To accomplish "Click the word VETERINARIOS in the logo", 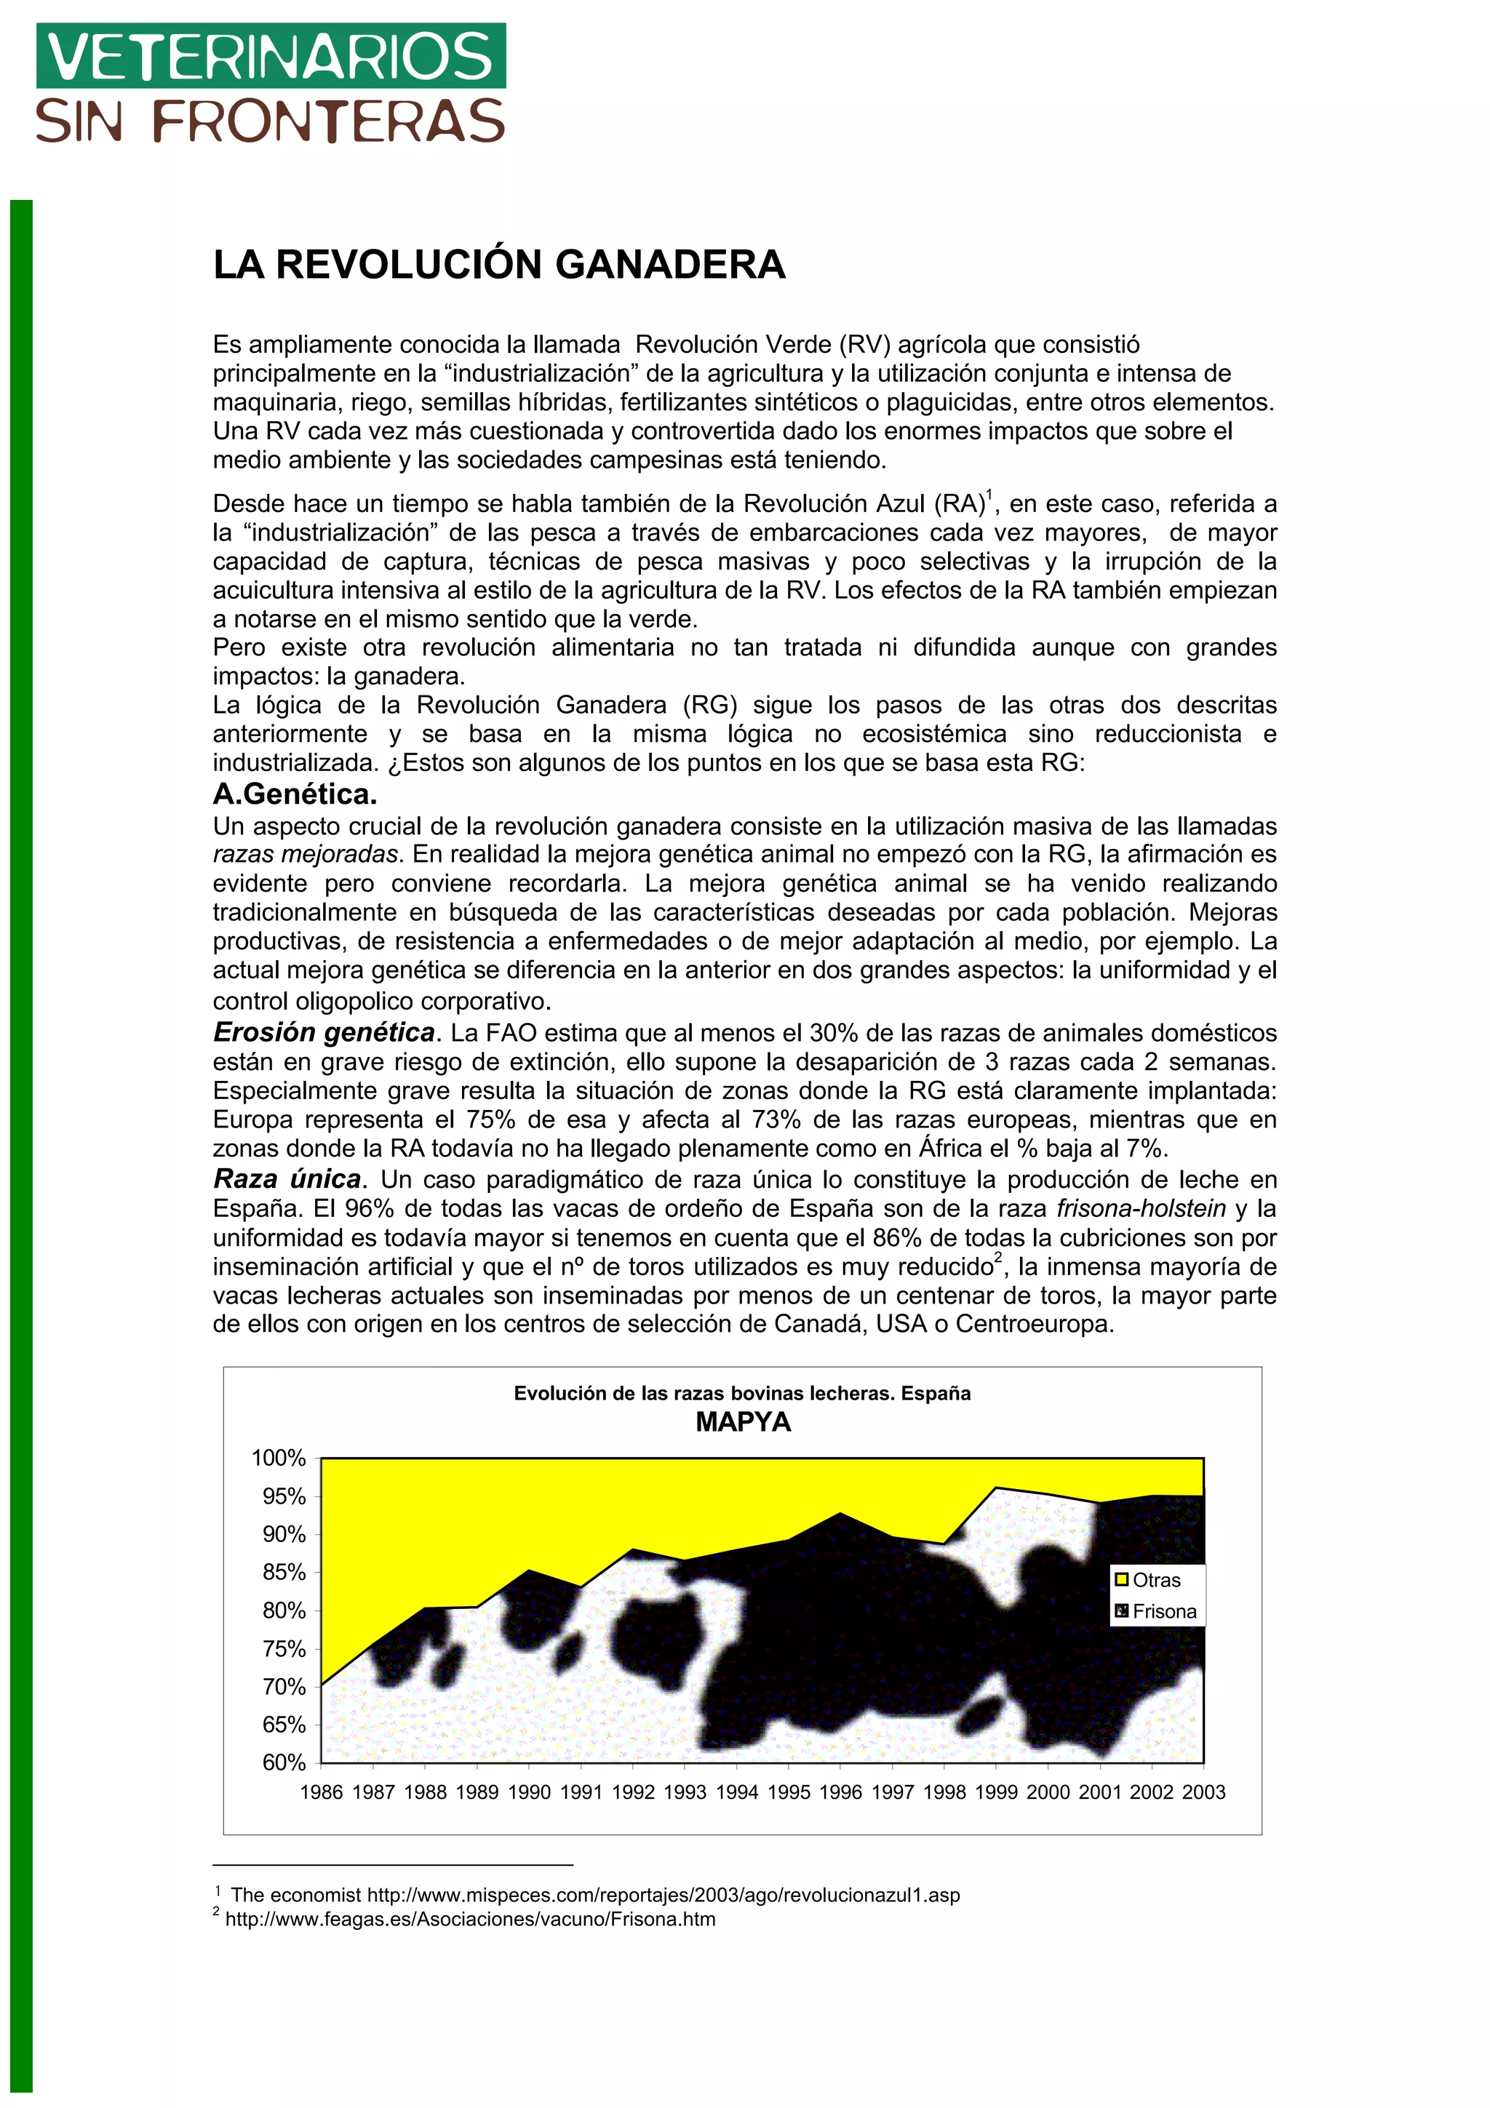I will point(271,57).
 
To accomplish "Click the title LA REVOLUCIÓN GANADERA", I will point(498,266).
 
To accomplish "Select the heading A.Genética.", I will point(295,794).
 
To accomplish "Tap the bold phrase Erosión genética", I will point(323,1033).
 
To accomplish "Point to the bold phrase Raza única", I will point(287,1179).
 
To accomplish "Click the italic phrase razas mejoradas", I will point(306,855).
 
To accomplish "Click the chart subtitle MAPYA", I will point(743,1422).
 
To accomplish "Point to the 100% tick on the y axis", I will point(279,1458).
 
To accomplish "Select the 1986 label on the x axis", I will point(322,1792).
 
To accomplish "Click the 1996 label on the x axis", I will point(840,1792).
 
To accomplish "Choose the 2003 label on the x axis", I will point(1203,1792).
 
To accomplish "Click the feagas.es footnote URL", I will point(470,1919).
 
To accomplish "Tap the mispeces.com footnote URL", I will point(663,1895).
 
